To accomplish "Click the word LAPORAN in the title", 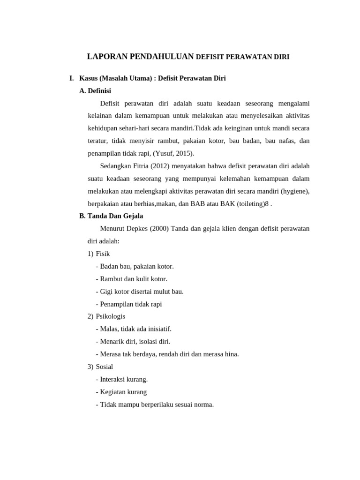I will point(105,57).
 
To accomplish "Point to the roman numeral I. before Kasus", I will point(72,78).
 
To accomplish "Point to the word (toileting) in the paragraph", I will point(253,203).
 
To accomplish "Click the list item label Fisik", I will point(103,254).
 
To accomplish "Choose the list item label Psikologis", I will point(110,316).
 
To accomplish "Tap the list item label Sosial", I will point(104,367).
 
